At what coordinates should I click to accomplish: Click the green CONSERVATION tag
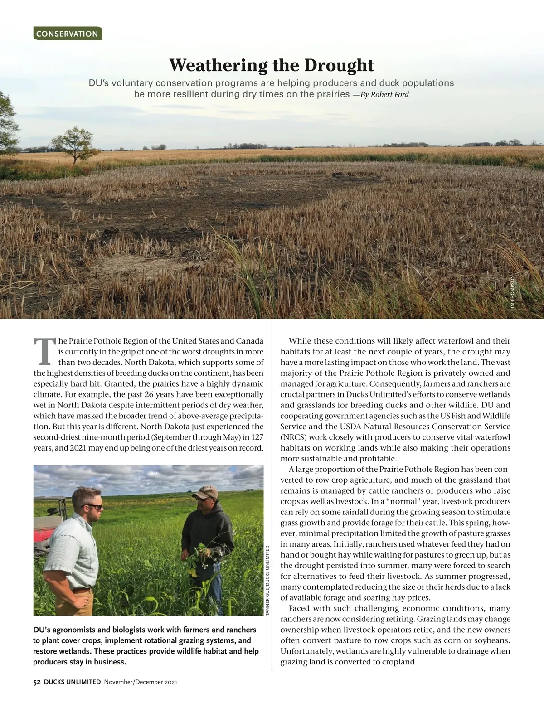pos(67,34)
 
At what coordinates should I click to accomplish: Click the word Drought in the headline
pos(339,65)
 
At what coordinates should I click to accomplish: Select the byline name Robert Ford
pos(390,95)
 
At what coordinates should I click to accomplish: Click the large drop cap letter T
pos(44,351)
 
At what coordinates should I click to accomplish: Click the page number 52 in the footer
pos(37,682)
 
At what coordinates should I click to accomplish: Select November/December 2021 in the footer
pos(140,682)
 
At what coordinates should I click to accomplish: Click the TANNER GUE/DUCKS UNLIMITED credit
pos(267,580)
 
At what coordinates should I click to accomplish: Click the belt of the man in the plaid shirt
pos(82,590)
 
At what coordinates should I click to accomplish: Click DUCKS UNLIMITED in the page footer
pos(73,682)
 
